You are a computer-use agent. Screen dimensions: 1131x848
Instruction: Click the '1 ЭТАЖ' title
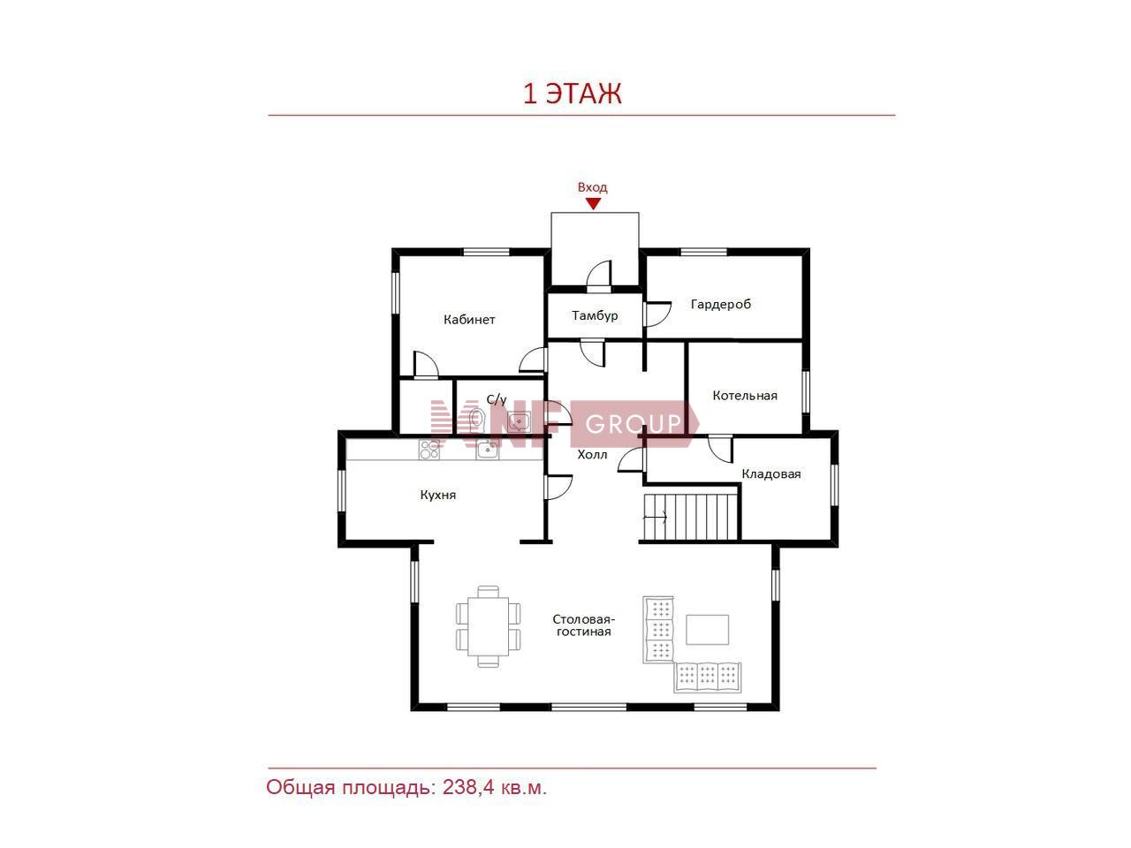tap(572, 94)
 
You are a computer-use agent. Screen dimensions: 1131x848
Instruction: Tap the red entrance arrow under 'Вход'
tap(593, 204)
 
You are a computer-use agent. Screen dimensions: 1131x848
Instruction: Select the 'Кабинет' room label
tap(469, 320)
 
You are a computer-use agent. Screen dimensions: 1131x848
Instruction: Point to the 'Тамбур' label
tap(595, 315)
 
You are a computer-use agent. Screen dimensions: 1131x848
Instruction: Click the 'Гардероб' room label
tap(720, 304)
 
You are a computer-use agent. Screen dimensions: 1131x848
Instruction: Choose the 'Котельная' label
tap(745, 396)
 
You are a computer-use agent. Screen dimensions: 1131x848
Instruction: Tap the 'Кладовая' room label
tap(770, 473)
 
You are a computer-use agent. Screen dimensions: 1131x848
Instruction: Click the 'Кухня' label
tap(438, 495)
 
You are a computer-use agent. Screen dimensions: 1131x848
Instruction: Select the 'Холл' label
tap(592, 454)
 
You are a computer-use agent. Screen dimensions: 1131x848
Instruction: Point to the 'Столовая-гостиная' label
tap(584, 625)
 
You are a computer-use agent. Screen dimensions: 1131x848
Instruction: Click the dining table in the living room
tap(488, 626)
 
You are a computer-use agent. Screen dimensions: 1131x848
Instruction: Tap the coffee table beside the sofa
tap(707, 629)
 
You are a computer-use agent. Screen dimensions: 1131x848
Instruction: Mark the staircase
tap(690, 517)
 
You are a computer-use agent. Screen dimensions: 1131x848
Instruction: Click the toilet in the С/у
tap(477, 418)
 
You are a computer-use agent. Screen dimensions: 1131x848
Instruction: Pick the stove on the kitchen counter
tap(429, 449)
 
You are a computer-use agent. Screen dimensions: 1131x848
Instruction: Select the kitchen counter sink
tap(487, 450)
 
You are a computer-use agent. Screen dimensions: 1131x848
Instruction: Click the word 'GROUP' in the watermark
tap(634, 424)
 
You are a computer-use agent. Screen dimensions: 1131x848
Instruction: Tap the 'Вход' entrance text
tap(592, 187)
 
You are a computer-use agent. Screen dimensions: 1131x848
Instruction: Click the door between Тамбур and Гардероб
tap(656, 314)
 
